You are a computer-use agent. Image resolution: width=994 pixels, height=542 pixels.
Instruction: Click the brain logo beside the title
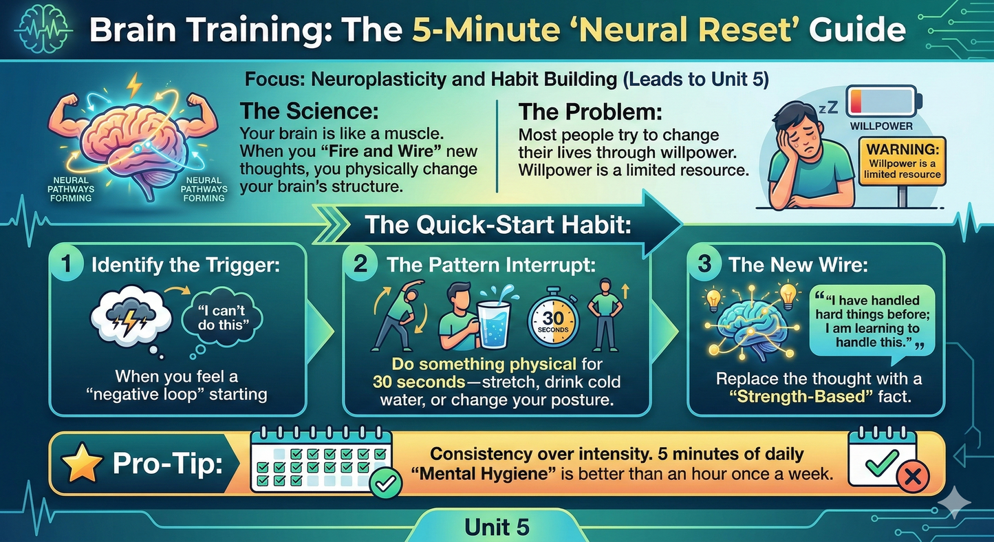click(x=43, y=30)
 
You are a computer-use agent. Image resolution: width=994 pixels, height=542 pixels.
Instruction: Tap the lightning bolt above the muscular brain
click(x=133, y=85)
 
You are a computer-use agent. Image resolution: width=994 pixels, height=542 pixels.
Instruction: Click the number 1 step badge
click(x=66, y=263)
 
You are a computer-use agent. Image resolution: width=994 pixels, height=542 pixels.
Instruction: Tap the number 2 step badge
click(x=360, y=263)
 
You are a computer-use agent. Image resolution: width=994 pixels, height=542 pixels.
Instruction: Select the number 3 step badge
click(x=704, y=263)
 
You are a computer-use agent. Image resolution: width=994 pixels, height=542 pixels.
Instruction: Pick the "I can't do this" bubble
click(x=222, y=318)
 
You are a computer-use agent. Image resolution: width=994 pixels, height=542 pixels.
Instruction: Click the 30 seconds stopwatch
click(x=553, y=321)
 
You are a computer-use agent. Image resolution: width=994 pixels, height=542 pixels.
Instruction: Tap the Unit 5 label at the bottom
click(x=497, y=527)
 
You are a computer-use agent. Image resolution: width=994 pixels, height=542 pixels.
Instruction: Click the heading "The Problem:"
click(x=590, y=112)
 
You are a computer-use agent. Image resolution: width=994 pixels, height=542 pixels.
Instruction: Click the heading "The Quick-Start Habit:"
click(x=498, y=225)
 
